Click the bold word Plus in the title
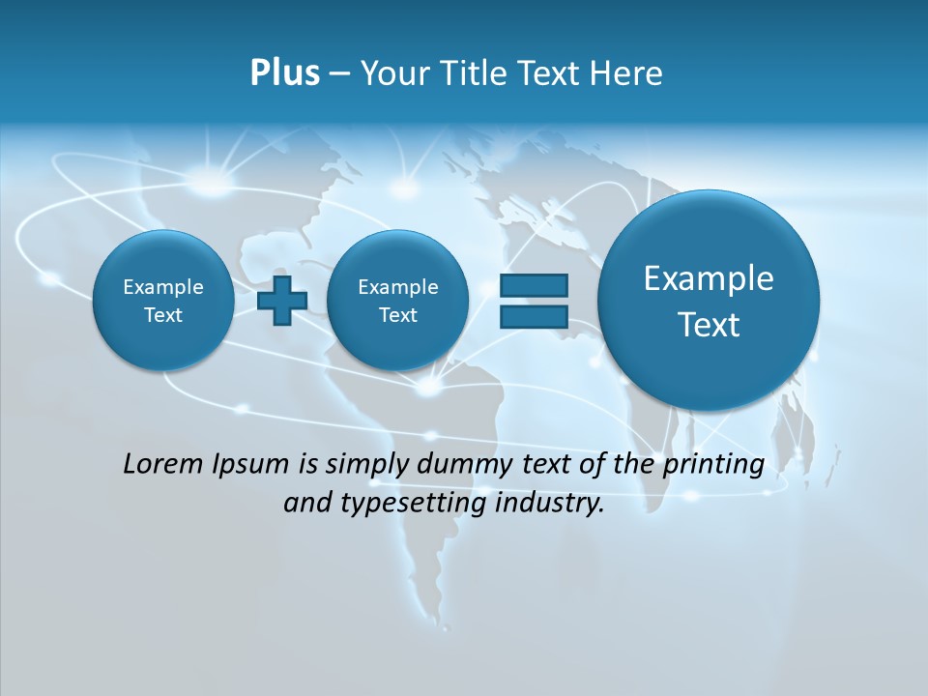(284, 73)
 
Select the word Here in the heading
(627, 73)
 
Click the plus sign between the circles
(282, 300)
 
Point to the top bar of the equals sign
(534, 285)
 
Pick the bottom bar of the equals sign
(534, 316)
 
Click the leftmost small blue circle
(163, 301)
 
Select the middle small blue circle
(397, 301)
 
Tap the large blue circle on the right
(709, 301)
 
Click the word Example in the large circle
(709, 278)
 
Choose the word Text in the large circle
(709, 325)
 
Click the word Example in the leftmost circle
(163, 287)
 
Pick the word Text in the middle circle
(397, 315)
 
